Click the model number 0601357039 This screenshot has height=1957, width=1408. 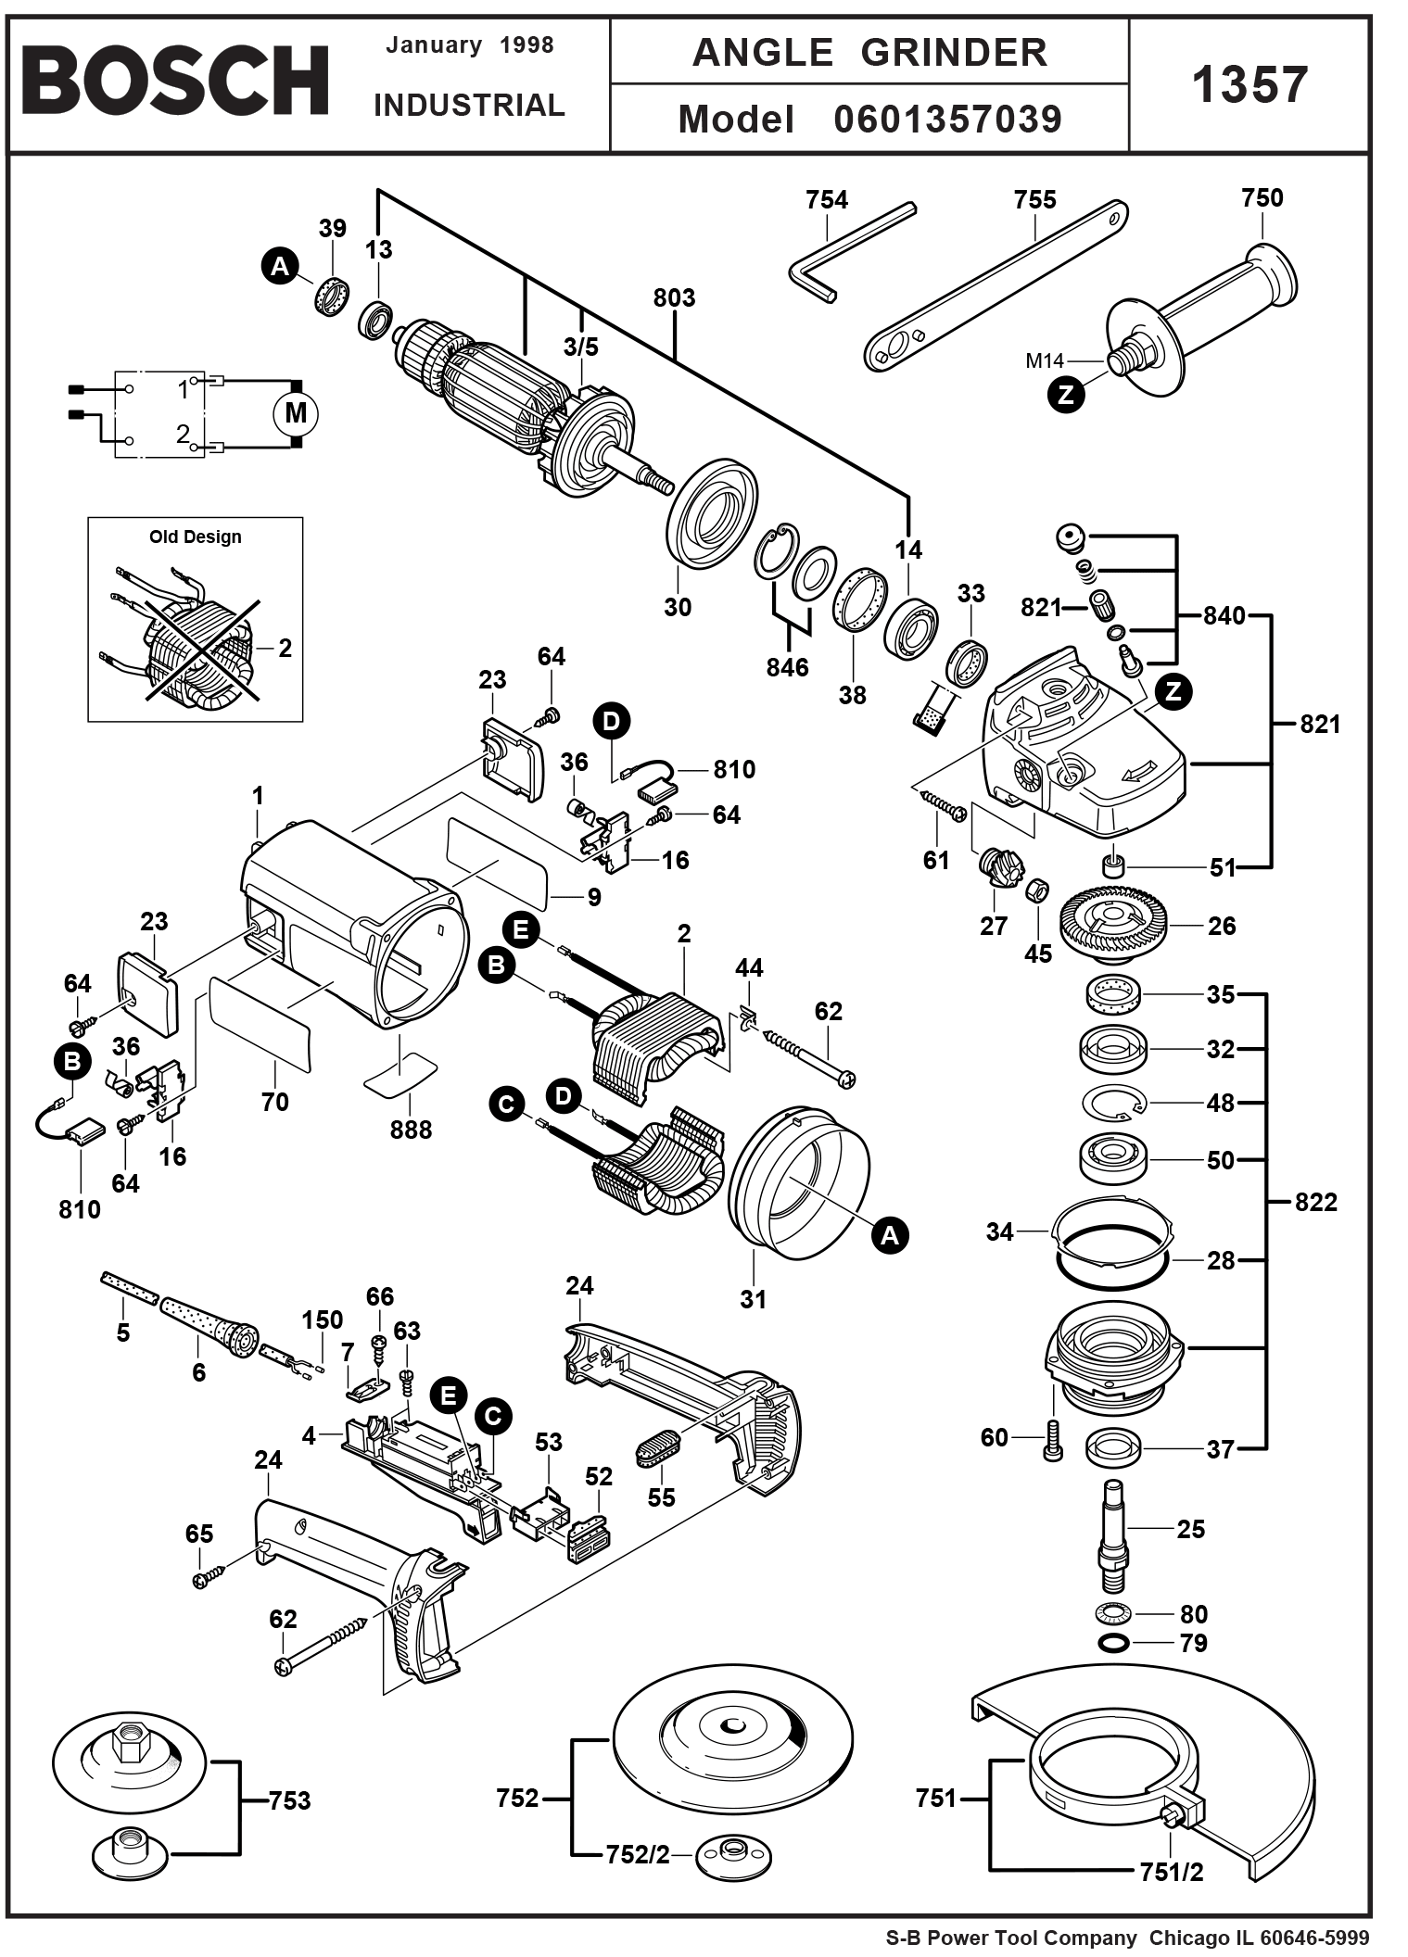click(947, 120)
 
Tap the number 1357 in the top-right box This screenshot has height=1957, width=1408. click(1249, 85)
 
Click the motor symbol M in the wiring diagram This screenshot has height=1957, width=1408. click(295, 413)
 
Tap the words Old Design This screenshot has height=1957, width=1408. click(195, 537)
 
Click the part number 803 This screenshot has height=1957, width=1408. click(674, 297)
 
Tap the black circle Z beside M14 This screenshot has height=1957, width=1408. click(1066, 395)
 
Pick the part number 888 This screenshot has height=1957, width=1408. click(411, 1130)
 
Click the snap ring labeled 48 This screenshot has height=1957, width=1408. click(1114, 1103)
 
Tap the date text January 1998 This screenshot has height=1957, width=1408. click(469, 45)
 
